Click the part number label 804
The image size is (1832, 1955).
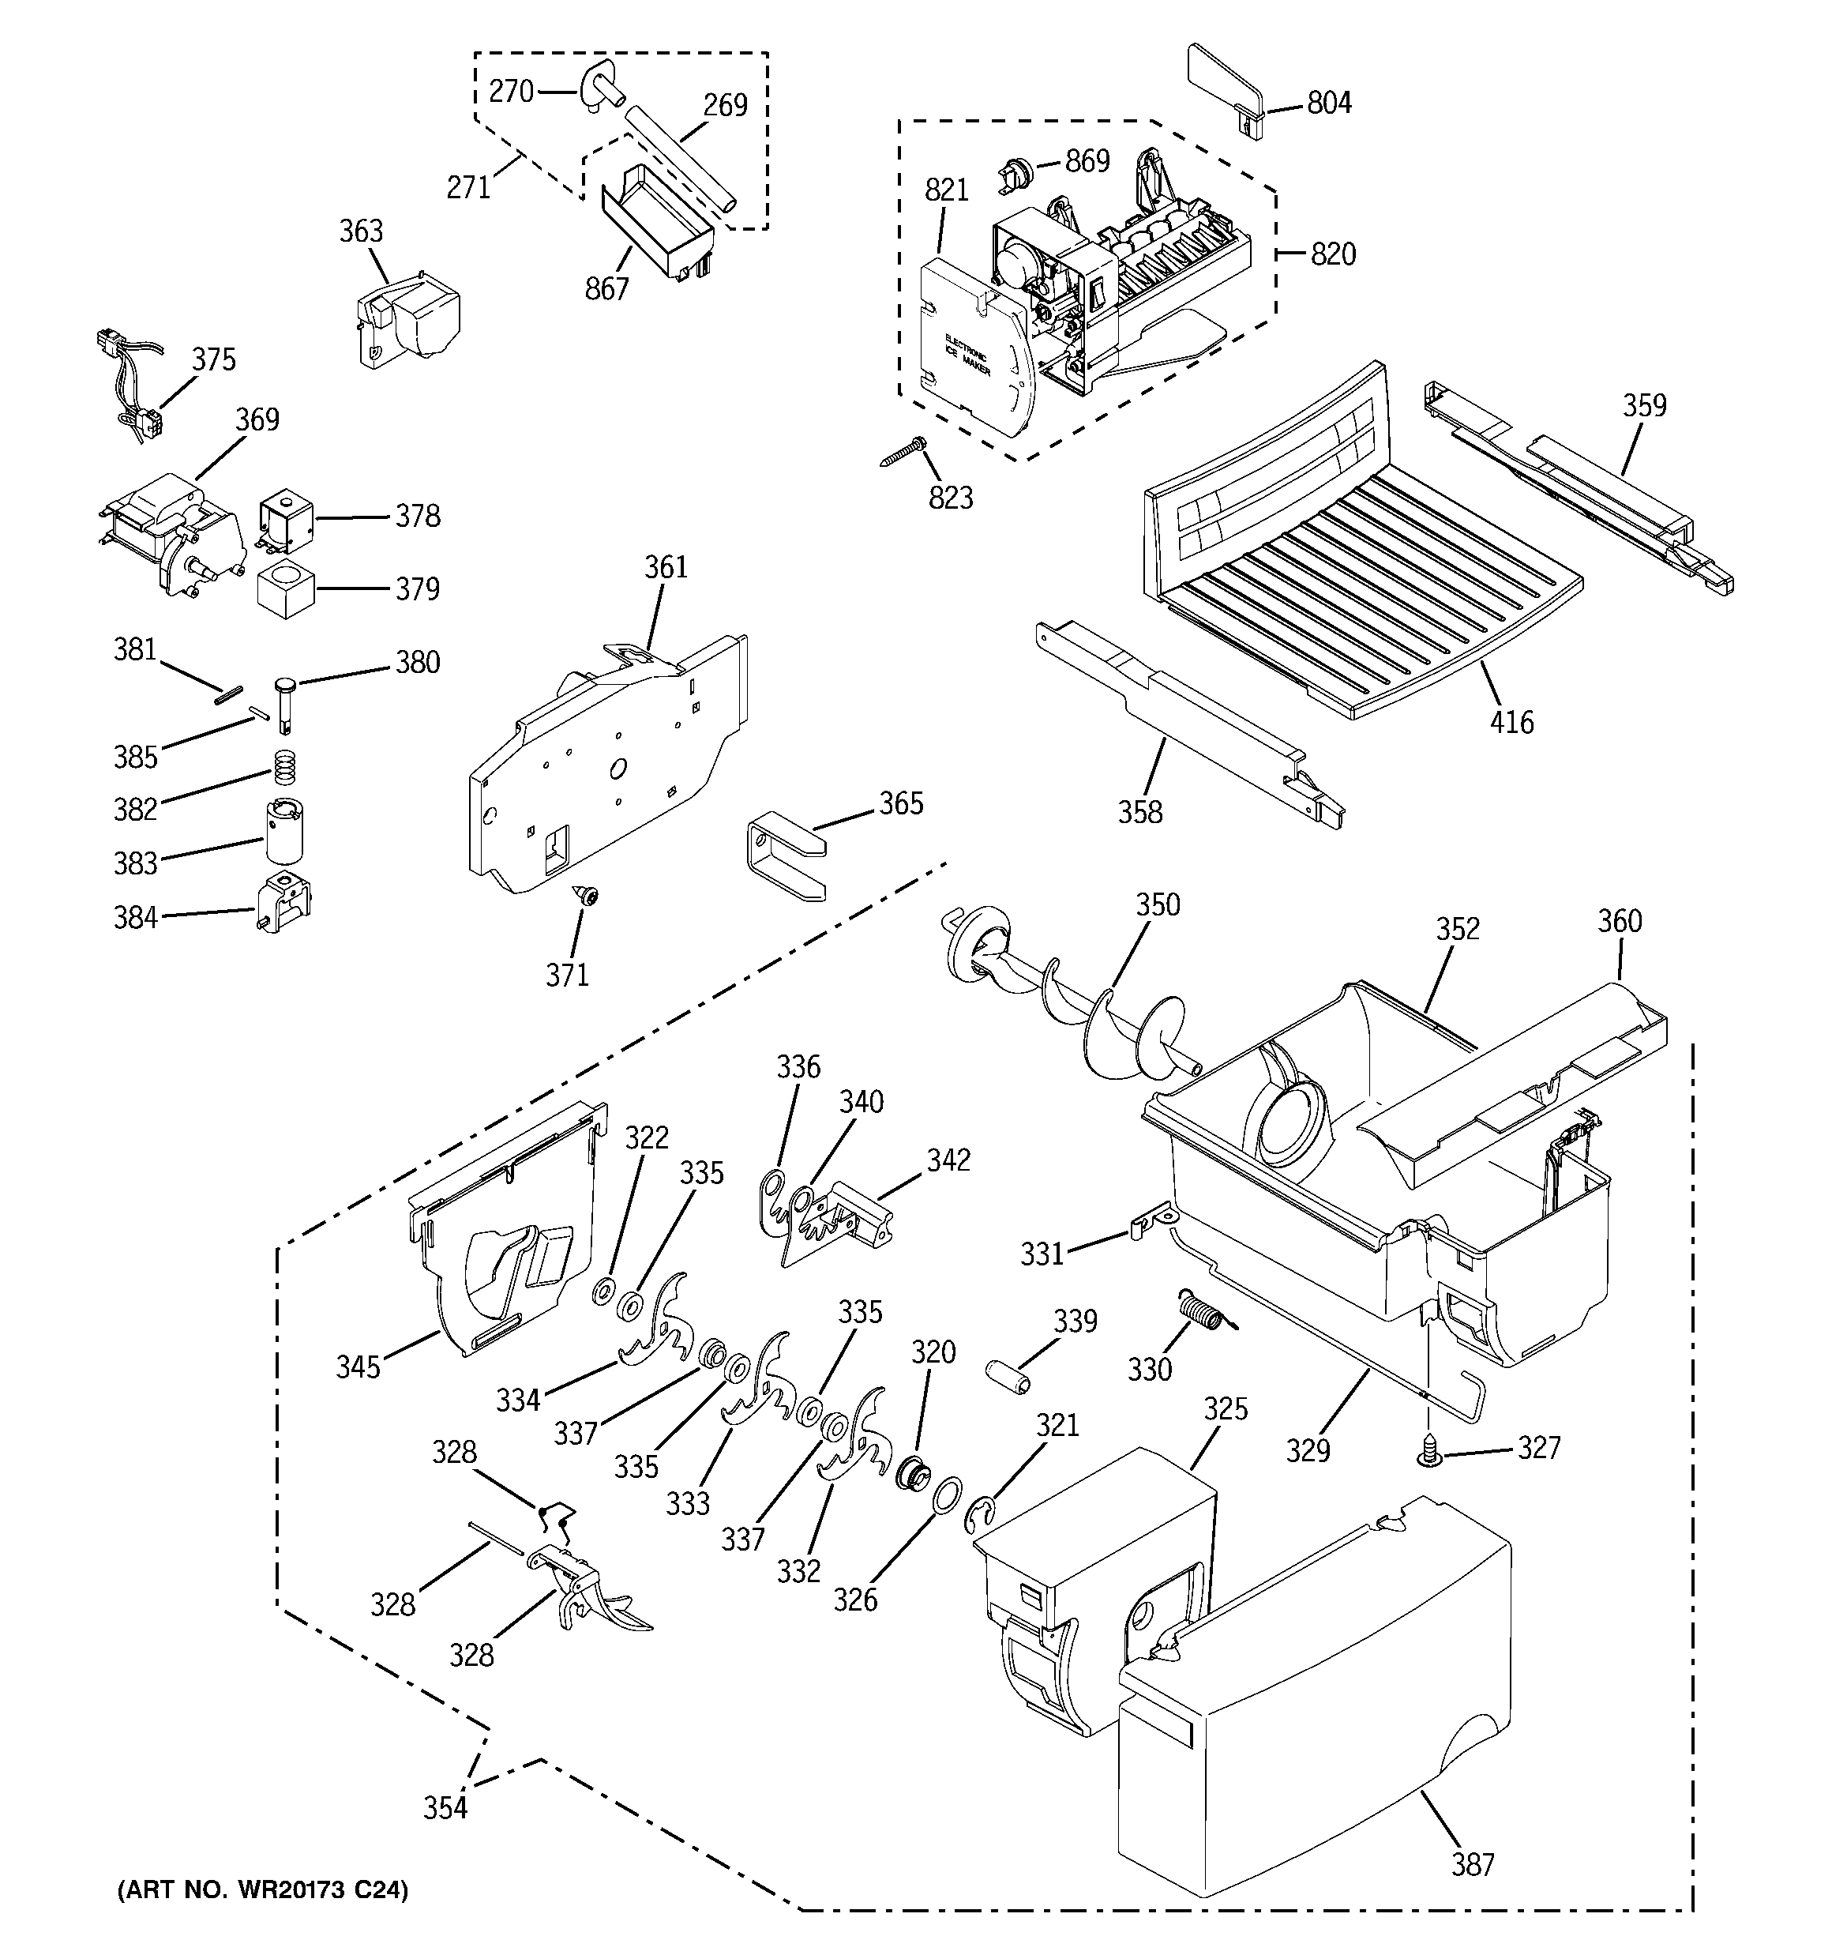(1328, 102)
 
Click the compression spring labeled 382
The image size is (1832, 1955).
(284, 766)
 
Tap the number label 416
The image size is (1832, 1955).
(1511, 722)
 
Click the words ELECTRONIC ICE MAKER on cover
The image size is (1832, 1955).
(967, 359)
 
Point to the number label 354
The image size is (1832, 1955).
(445, 1807)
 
